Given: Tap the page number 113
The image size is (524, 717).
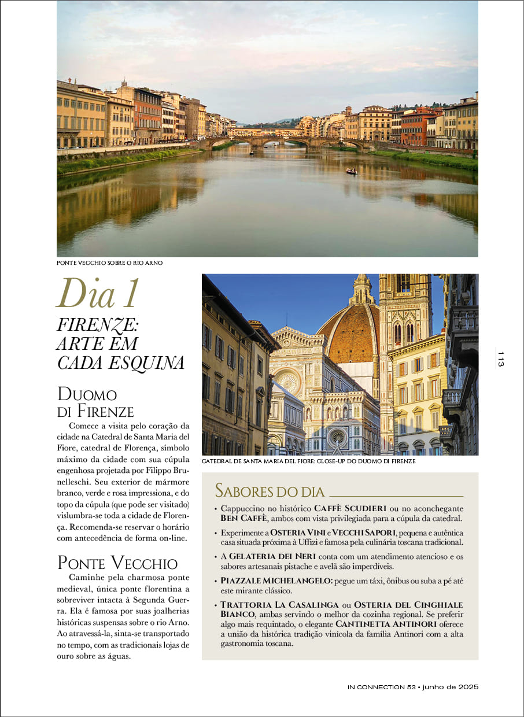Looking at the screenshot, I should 501,358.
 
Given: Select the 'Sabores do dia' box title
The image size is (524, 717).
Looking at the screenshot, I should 270,491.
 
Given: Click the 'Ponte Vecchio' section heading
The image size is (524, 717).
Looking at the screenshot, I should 117,563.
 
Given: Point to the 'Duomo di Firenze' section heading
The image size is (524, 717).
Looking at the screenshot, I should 95,403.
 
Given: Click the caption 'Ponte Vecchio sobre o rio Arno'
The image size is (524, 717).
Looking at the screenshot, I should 110,263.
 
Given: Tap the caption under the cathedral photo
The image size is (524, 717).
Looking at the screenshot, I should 308,461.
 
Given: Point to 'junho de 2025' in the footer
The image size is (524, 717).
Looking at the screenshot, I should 451,687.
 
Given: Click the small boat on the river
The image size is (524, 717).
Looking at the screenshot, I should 351,171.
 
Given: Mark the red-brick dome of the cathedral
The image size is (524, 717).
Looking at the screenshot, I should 347,335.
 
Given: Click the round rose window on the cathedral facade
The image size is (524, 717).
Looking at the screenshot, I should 287,382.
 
